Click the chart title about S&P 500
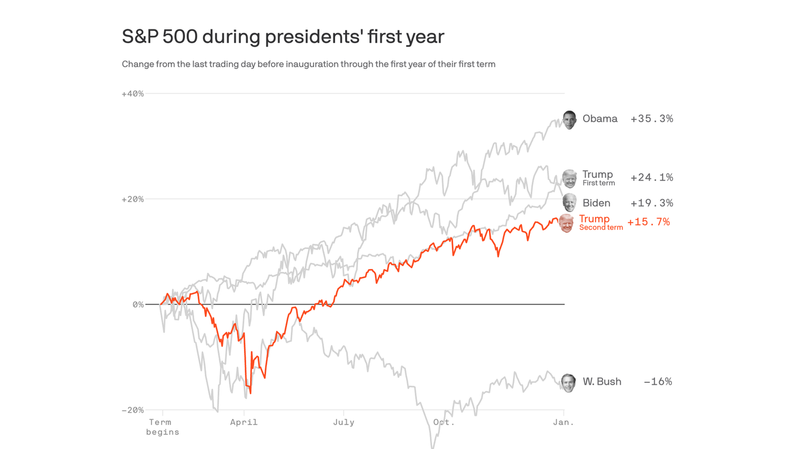pyautogui.click(x=283, y=37)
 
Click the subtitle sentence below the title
pyautogui.click(x=308, y=64)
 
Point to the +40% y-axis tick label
pyautogui.click(x=132, y=94)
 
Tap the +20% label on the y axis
pyautogui.click(x=132, y=199)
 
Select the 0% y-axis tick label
pyautogui.click(x=137, y=305)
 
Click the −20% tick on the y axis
pyautogui.click(x=132, y=410)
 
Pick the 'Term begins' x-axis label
pyautogui.click(x=162, y=427)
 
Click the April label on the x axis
pyautogui.click(x=243, y=422)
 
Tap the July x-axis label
pyautogui.click(x=343, y=422)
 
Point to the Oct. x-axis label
pyautogui.click(x=443, y=422)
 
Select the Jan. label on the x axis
pyautogui.click(x=563, y=422)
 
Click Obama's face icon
pyautogui.click(x=569, y=119)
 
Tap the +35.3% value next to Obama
pyautogui.click(x=652, y=119)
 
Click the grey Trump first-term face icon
pyautogui.click(x=569, y=178)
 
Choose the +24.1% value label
pyautogui.click(x=652, y=177)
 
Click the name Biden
pyautogui.click(x=596, y=203)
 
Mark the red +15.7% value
pyautogui.click(x=648, y=222)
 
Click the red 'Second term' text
pyautogui.click(x=601, y=227)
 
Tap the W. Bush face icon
pyautogui.click(x=568, y=382)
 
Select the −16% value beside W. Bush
pyautogui.click(x=657, y=382)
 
